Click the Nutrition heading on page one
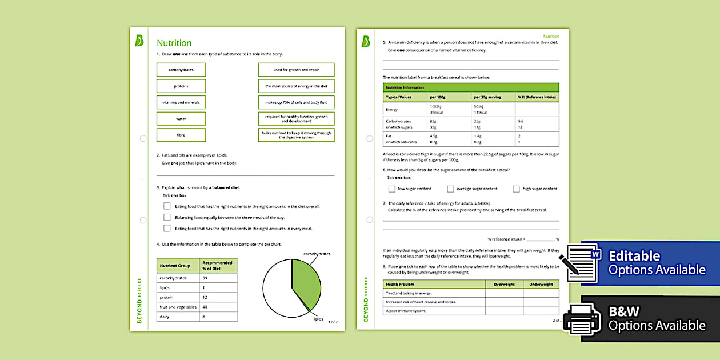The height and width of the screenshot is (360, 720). click(x=174, y=43)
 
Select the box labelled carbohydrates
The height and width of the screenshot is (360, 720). click(x=181, y=70)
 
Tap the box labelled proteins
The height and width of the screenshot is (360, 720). click(x=181, y=86)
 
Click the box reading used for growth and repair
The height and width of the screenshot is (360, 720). click(x=296, y=70)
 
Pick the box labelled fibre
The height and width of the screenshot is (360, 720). click(x=181, y=135)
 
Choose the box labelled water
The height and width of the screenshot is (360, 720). click(x=181, y=119)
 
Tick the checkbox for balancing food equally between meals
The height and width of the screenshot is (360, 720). click(x=167, y=217)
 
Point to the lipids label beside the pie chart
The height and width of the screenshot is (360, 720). click(x=318, y=319)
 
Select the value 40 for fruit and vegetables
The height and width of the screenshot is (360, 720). click(x=205, y=307)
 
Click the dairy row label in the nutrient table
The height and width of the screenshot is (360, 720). click(x=165, y=317)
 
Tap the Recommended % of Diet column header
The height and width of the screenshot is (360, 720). click(x=217, y=266)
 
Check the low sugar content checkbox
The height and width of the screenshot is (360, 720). click(x=392, y=189)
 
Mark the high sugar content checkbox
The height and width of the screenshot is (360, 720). click(x=517, y=189)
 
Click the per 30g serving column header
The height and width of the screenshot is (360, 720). click(x=487, y=97)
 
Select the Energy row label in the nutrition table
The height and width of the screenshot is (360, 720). click(x=392, y=109)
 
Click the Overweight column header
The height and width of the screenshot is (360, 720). click(x=504, y=284)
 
